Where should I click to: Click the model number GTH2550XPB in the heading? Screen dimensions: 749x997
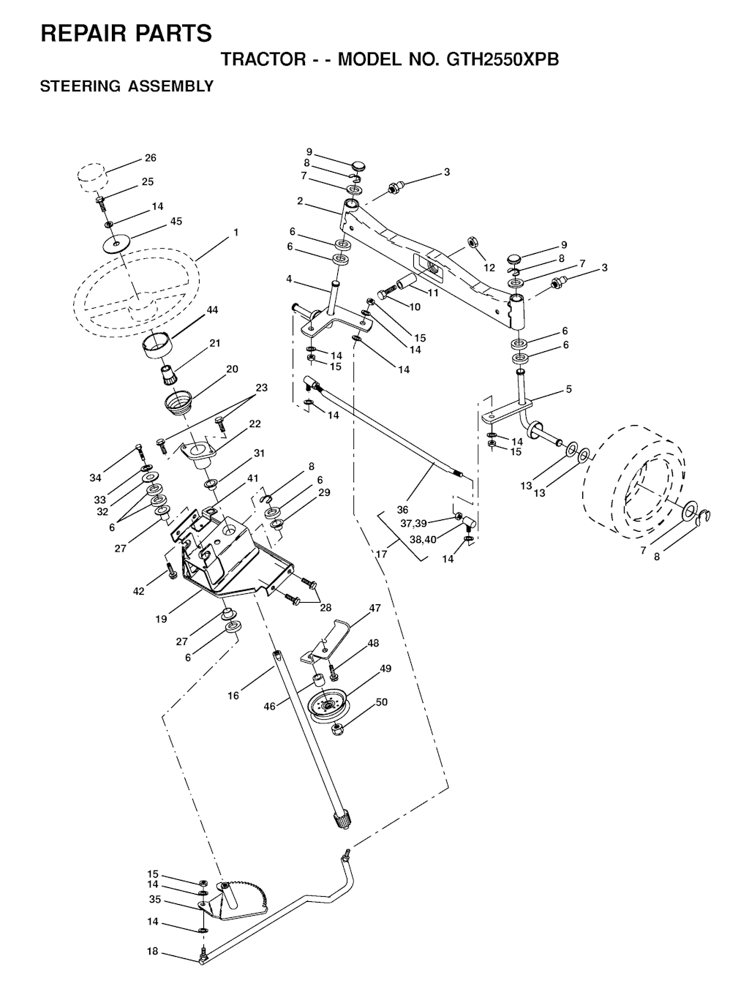coord(503,59)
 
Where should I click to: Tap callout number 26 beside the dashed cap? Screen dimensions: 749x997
coord(151,157)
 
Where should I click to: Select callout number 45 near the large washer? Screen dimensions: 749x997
coord(176,221)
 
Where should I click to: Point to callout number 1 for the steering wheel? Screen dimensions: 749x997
coord(236,232)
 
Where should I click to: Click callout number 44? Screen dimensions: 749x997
coord(212,309)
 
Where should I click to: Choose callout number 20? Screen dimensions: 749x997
coord(232,369)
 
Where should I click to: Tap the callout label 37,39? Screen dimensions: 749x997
coord(413,523)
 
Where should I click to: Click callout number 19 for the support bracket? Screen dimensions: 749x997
coord(161,619)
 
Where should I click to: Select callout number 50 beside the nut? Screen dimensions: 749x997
coord(382,702)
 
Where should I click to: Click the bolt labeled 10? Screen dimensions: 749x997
coord(387,292)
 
